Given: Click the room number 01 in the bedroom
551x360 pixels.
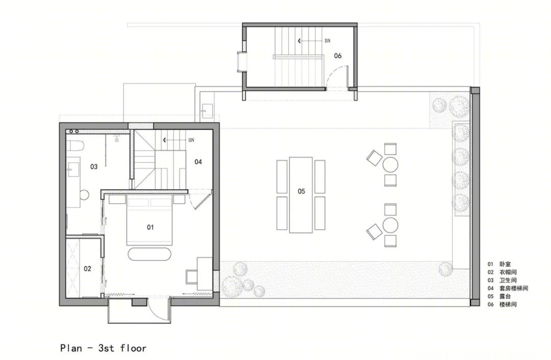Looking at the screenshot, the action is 150,227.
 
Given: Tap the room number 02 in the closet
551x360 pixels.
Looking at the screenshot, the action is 88,269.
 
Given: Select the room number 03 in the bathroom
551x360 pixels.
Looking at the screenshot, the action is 94,166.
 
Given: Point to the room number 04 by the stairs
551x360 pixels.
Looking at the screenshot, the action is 198,162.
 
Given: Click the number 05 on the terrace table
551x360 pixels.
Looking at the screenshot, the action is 301,191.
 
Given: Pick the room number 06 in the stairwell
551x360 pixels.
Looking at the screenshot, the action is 338,56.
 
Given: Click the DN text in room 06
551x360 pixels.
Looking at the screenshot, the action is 328,41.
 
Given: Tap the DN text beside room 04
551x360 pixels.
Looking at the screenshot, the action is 191,140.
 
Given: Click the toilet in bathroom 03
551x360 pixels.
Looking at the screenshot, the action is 75,145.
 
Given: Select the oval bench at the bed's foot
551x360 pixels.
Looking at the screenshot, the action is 149,254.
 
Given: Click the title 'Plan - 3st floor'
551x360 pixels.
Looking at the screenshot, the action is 103,348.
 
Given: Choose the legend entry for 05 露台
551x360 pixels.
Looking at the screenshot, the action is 499,296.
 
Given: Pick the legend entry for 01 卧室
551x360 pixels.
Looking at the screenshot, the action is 499,264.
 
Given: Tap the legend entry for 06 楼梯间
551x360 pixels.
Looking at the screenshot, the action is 502,304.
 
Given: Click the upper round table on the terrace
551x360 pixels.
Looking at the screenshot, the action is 390,164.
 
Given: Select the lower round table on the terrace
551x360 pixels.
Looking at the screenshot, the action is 390,225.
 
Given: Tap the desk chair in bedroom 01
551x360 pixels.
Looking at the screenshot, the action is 191,277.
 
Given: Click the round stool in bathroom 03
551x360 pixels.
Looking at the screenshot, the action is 84,195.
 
